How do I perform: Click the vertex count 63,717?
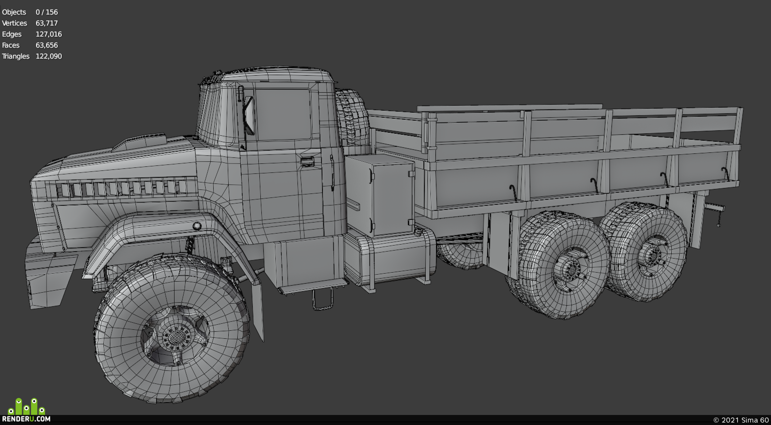(47, 23)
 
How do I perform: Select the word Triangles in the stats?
(16, 57)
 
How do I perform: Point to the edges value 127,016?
(49, 34)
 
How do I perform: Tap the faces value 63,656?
(47, 45)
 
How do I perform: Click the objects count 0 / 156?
(47, 12)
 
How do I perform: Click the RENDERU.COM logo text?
(26, 419)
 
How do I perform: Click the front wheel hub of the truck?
(176, 336)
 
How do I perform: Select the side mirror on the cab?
(249, 116)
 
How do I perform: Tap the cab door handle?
(307, 161)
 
